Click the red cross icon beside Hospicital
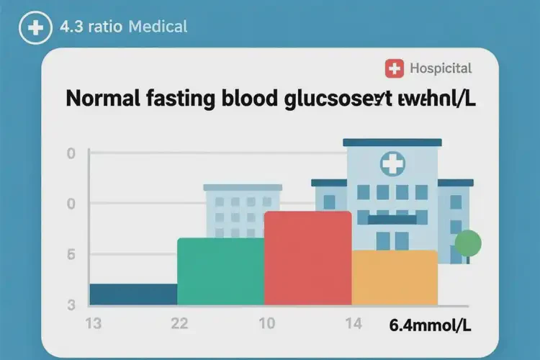pos(395,69)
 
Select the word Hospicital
pos(441,69)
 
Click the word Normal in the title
pos(102,99)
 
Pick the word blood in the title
pos(244,99)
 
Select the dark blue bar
pos(133,294)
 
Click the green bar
pos(220,271)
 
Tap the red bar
pos(307,258)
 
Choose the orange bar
pos(395,277)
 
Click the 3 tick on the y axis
pos(71,305)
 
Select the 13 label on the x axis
pos(94,323)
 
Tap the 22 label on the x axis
pos(179,323)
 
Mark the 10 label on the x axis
pos(266,323)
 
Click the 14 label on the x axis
pos(353,323)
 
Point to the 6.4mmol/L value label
pos(431,325)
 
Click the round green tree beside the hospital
pos(468,243)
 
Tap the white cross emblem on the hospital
pos(392,163)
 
